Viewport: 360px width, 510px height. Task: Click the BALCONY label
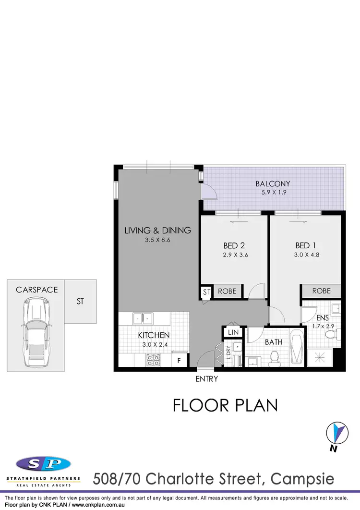click(x=273, y=183)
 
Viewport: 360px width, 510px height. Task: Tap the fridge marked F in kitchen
click(x=179, y=359)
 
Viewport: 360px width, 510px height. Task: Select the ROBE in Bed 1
click(x=321, y=291)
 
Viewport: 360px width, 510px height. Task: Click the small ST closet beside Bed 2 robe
click(x=206, y=291)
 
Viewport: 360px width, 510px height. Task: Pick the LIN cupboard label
click(x=233, y=332)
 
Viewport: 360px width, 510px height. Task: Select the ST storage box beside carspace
click(x=80, y=302)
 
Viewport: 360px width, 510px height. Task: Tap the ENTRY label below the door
click(x=207, y=379)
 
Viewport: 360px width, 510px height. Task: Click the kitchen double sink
click(x=143, y=317)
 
